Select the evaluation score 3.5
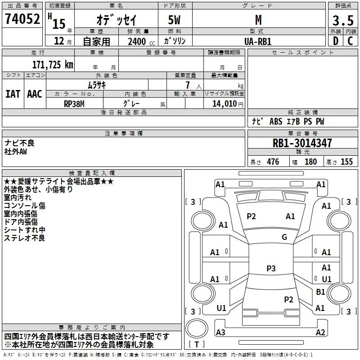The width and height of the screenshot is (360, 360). tap(342, 21)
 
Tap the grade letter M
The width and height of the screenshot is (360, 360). tap(258, 20)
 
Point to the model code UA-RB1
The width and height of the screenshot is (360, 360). tap(258, 41)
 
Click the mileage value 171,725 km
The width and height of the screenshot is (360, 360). tap(52, 65)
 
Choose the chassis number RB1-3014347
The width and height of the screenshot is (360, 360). tap(302, 144)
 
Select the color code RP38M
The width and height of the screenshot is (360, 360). tap(74, 103)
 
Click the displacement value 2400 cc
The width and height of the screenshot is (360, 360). tap(139, 41)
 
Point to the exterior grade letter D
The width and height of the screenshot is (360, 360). tap(335, 41)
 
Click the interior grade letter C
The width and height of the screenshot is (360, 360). tap(350, 41)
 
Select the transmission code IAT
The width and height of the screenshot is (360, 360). tap(13, 94)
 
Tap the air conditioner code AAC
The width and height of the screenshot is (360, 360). tap(35, 94)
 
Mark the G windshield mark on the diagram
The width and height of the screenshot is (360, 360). tap(284, 237)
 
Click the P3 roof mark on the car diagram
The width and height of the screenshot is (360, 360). tap(271, 268)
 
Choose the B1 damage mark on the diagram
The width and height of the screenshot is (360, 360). tap(320, 292)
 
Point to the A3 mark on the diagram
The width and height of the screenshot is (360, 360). tap(220, 332)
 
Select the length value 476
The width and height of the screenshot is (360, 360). tap(273, 162)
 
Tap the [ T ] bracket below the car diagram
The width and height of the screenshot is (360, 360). tap(197, 345)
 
